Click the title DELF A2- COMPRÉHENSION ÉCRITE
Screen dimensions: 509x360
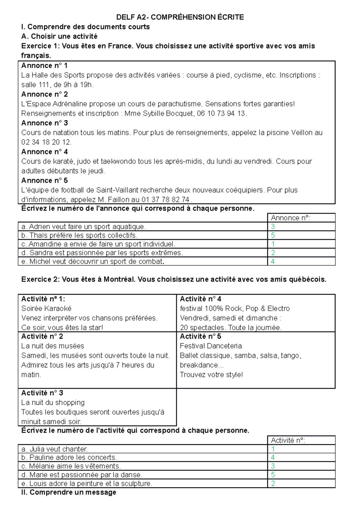pos(180,17)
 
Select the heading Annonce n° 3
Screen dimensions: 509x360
pos(44,123)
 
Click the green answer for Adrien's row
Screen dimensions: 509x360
pos(273,227)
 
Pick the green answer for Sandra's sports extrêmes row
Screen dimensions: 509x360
pos(273,253)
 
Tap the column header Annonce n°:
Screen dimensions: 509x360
pos(290,218)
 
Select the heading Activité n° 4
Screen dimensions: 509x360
pos(200,299)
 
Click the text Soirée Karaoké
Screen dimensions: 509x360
pos(46,308)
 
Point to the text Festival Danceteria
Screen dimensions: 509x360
pos(211,346)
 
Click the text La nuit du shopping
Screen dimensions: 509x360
pos(53,403)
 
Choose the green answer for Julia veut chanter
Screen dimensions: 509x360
pos(273,449)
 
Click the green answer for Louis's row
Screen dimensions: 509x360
pos(273,484)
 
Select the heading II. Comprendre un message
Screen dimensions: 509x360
pos(69,492)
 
